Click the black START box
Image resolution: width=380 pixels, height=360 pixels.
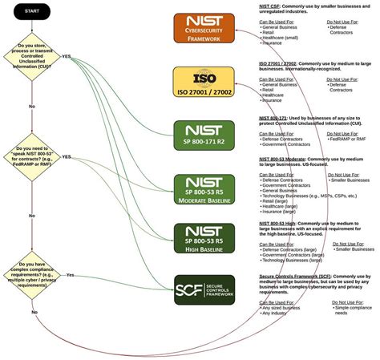click(32, 12)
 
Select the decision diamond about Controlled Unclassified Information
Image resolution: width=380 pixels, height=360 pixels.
click(32, 57)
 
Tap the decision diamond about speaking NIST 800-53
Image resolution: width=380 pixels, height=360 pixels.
click(32, 158)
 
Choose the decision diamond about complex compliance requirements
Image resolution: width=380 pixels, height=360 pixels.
click(32, 275)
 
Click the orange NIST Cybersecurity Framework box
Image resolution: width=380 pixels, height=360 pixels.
click(204, 28)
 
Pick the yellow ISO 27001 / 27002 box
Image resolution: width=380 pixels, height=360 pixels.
click(204, 83)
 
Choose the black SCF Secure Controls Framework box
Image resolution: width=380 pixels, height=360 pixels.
click(204, 289)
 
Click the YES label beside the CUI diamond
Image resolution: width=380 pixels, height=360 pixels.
click(67, 56)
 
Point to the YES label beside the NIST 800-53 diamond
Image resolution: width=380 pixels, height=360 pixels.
click(67, 157)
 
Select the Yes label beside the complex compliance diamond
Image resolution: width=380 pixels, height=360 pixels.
click(70, 275)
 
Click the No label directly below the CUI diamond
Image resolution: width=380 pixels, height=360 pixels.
click(32, 106)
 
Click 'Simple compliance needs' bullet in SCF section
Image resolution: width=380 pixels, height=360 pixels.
click(354, 310)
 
